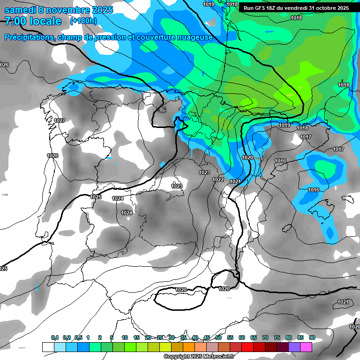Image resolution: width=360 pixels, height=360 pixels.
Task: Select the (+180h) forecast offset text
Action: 83,21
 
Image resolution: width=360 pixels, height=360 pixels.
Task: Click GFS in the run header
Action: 261,8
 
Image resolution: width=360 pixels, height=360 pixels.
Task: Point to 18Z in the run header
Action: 273,8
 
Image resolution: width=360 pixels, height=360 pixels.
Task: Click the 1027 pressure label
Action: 60,120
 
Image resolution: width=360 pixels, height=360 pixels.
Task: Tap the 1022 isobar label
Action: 218,180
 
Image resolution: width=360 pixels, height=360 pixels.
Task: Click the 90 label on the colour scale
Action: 312,337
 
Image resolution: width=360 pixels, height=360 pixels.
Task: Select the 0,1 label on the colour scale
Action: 55,337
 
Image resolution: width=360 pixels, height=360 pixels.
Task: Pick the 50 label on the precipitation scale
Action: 218,337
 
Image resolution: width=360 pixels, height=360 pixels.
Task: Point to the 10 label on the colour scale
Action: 125,337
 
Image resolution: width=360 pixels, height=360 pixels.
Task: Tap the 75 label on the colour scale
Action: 277,337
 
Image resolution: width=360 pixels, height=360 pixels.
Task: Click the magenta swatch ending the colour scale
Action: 306,347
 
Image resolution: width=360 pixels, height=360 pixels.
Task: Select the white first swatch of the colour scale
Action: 48,347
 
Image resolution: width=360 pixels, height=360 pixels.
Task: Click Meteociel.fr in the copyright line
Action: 220,357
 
